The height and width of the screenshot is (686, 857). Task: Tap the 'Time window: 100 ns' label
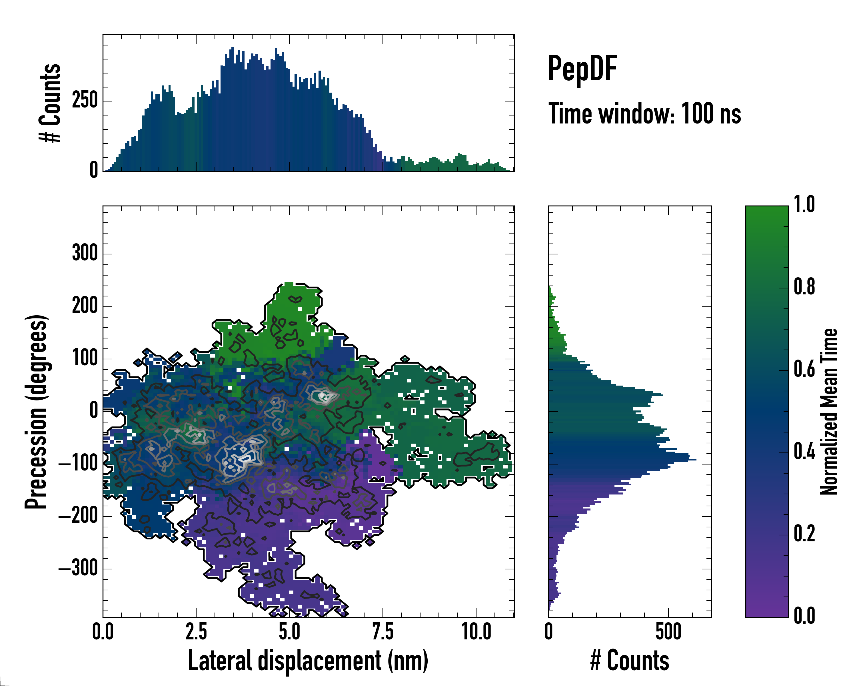pos(644,114)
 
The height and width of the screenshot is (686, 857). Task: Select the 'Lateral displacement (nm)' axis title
pos(308,661)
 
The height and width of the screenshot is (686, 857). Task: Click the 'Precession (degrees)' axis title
pos(37,412)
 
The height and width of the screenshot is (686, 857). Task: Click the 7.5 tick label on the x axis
pos(383,632)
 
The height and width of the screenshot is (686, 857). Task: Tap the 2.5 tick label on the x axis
pos(196,632)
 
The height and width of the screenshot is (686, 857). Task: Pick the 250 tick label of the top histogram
pos(85,101)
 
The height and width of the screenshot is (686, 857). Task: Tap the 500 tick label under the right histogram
pos(668,632)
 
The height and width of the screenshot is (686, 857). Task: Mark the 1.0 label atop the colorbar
pos(804,204)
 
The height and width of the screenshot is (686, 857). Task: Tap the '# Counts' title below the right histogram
pos(630,661)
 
